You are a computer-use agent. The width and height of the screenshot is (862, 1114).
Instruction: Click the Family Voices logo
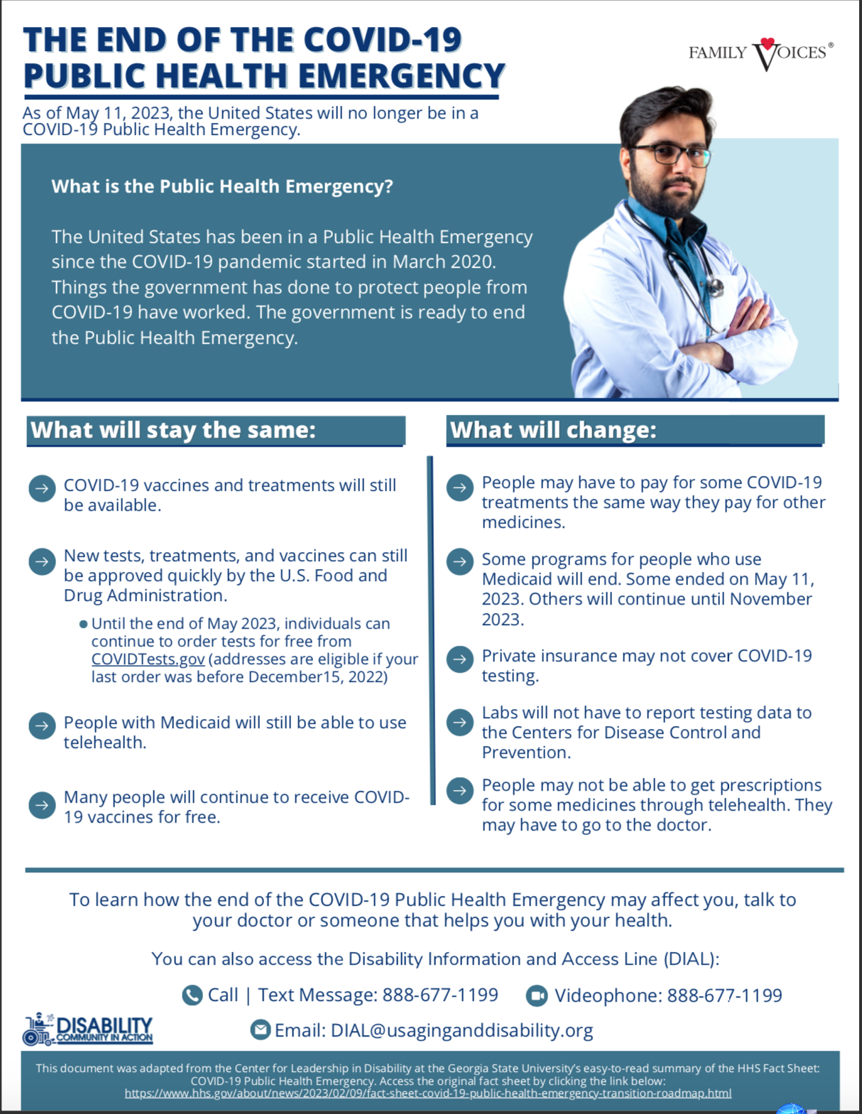760,53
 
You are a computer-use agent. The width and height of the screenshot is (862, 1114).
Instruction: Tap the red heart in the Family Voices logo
768,43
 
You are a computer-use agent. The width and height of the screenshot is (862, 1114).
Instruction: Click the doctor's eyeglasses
670,154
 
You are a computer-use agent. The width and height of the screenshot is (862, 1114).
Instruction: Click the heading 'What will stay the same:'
173,431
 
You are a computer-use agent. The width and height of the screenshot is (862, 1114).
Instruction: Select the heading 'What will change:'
553,431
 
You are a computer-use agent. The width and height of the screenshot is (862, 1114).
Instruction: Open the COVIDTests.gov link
148,659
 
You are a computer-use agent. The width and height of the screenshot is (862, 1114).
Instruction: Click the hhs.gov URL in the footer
427,1093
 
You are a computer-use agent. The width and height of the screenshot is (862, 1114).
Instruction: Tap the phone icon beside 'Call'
192,995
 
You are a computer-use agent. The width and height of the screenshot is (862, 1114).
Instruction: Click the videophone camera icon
537,995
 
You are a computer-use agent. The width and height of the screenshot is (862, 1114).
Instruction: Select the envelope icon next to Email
261,1029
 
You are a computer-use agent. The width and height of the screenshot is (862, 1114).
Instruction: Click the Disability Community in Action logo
88,1029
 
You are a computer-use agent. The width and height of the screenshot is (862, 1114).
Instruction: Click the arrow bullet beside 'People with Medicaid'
42,725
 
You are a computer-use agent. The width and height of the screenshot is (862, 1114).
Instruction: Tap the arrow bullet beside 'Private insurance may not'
460,659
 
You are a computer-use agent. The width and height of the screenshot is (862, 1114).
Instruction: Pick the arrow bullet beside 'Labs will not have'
460,723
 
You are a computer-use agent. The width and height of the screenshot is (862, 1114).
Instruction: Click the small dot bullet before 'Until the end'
83,624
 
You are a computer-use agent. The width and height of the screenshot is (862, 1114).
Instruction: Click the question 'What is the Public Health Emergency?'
222,187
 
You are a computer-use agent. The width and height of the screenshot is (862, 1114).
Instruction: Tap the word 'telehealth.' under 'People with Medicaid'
105,742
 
